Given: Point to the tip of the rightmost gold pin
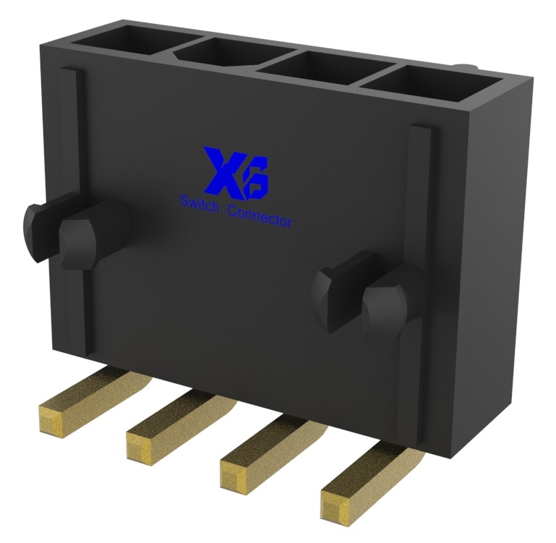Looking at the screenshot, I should click(339, 503).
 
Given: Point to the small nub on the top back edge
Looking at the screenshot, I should click(465, 68).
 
